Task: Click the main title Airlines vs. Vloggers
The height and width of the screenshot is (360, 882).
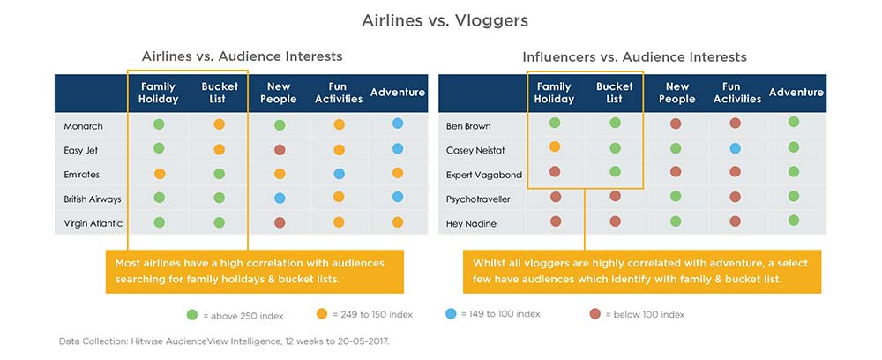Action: [445, 21]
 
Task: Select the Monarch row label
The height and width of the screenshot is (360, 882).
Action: [83, 126]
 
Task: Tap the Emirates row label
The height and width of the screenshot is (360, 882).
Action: [81, 175]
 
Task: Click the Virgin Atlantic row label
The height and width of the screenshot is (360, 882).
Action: [93, 223]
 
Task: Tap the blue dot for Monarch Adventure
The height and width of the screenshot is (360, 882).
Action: [398, 124]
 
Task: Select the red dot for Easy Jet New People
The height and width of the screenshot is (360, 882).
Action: [280, 150]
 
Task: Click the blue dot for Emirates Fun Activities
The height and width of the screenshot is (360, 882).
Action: [340, 174]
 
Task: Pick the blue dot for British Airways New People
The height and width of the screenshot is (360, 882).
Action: [280, 198]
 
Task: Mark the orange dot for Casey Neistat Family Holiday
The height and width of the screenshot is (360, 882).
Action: [555, 146]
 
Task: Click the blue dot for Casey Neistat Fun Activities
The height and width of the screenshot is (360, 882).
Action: [736, 148]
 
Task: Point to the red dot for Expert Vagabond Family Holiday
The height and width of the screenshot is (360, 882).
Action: [555, 171]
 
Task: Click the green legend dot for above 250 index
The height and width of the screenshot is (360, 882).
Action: [192, 315]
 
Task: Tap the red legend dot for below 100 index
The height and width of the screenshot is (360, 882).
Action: [595, 314]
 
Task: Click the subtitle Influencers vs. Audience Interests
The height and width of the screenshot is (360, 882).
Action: [634, 56]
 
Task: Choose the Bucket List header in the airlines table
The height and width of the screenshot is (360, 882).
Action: [220, 93]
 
